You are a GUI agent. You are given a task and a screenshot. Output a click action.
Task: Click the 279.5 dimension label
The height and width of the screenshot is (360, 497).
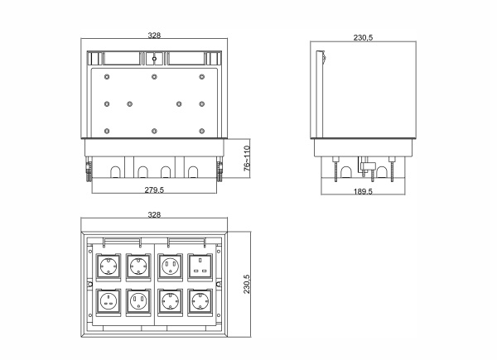154,190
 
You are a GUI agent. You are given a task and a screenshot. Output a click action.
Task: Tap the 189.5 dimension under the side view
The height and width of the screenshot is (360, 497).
363,191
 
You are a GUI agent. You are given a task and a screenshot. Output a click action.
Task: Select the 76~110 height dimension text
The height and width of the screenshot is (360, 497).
247,158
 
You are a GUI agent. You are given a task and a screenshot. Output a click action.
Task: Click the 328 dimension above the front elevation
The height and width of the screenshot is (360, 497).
154,36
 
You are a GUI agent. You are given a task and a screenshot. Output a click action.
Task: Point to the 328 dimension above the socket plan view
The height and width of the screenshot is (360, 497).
154,214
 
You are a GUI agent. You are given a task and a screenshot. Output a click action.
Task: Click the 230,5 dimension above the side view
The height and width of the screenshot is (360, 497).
364,38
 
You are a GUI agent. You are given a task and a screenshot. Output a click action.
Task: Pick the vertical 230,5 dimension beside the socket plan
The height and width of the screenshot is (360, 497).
247,284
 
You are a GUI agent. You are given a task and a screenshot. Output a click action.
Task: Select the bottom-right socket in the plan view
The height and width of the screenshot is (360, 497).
200,302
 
